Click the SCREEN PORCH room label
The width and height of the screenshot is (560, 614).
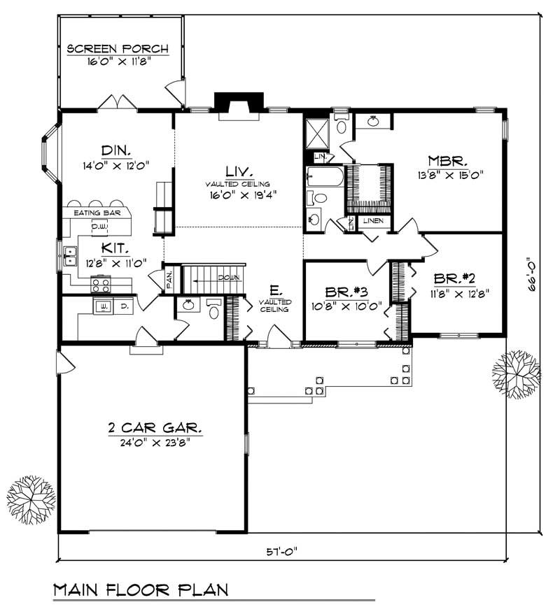coord(118,49)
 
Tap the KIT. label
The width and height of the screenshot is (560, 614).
coord(113,248)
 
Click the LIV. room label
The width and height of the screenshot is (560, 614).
coord(239,170)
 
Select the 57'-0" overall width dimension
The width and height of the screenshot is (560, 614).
coord(282,550)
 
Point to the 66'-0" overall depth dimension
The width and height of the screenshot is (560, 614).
coord(534,272)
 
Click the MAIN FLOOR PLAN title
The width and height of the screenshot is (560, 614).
coord(141,590)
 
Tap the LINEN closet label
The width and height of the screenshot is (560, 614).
coord(372,222)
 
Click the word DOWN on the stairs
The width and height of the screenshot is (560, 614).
coord(229,278)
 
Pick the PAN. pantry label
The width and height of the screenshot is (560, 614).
coord(169,279)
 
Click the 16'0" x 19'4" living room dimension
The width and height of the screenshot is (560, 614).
coord(239,196)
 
